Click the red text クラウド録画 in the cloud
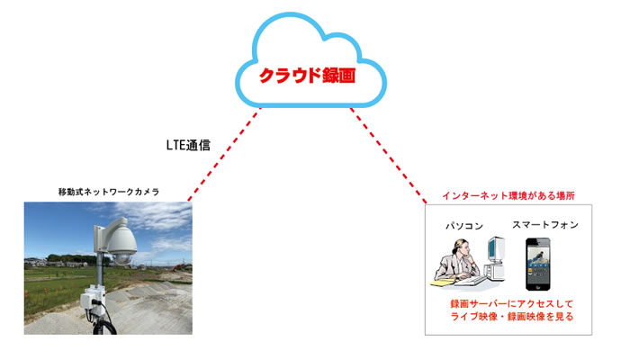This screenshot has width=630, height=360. point(308,75)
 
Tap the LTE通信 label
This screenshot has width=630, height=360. point(188,145)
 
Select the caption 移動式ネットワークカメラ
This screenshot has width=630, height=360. point(109,192)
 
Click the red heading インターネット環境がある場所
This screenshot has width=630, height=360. point(508,195)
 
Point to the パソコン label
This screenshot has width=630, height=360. point(464,226)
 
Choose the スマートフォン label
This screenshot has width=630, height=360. point(545,225)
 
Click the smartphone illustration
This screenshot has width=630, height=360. point(538,264)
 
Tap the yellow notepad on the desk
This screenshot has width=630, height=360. point(442,283)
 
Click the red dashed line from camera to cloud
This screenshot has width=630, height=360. point(225,154)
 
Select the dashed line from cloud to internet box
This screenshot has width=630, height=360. point(389,156)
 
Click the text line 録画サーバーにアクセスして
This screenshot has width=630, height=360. point(511,304)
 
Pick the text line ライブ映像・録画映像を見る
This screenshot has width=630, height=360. point(511,317)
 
